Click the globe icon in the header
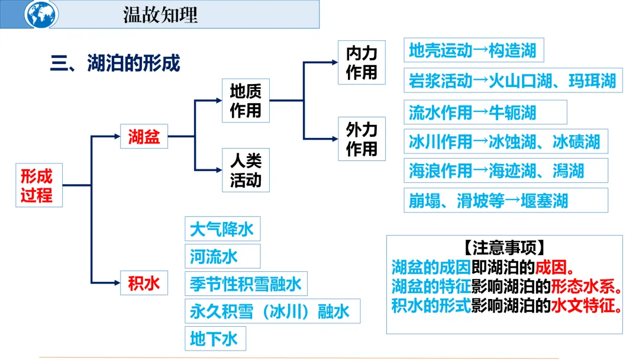click(x=42, y=15)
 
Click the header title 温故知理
click(x=160, y=15)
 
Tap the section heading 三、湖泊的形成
click(x=115, y=63)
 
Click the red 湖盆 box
click(x=144, y=137)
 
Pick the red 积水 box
click(x=144, y=283)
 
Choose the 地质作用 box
click(x=246, y=101)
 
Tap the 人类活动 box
click(x=246, y=170)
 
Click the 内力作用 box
click(x=362, y=63)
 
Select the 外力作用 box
click(x=362, y=139)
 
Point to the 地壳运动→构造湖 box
click(x=473, y=50)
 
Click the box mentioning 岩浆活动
click(x=513, y=81)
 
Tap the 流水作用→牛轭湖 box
click(x=485, y=112)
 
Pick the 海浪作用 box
click(x=505, y=171)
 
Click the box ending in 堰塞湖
click(x=505, y=201)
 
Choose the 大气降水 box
click(x=222, y=229)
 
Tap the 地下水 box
click(x=215, y=339)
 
